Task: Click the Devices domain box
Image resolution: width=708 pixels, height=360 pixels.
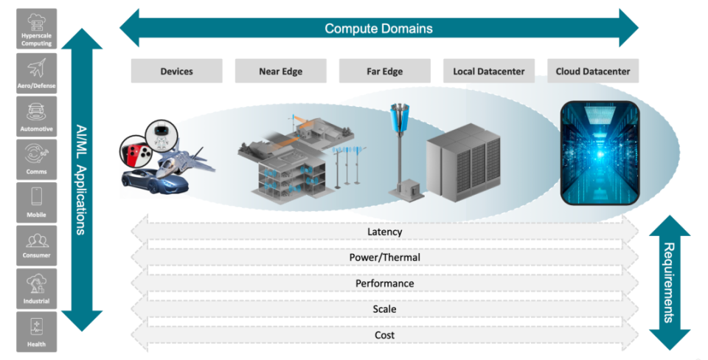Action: click(x=176, y=72)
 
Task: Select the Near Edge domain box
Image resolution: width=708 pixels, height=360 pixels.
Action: click(x=280, y=72)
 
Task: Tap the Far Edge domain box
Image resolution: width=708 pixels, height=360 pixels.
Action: click(x=384, y=72)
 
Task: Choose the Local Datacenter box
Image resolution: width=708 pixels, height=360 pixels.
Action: click(x=489, y=72)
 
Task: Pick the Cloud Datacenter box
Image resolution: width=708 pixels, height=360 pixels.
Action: click(x=593, y=72)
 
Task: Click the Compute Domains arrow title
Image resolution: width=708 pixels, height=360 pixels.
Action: click(x=378, y=29)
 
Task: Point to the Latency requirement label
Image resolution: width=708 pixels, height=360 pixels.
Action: click(x=384, y=232)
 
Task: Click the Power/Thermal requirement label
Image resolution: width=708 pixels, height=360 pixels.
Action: click(x=384, y=257)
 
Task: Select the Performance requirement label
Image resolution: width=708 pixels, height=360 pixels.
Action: click(x=384, y=283)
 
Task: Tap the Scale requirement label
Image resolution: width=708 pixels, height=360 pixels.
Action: click(x=384, y=309)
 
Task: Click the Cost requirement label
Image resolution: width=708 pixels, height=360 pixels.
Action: click(x=384, y=335)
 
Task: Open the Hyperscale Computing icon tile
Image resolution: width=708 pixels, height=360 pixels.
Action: click(x=36, y=29)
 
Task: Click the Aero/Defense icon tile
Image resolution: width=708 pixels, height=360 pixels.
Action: click(x=36, y=72)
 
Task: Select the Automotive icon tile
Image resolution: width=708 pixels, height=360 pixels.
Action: click(x=36, y=115)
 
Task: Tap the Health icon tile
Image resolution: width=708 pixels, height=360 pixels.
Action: click(x=36, y=330)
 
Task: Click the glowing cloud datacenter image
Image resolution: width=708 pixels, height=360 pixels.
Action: click(x=598, y=153)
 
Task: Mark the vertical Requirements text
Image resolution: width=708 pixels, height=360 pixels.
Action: click(x=669, y=283)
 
